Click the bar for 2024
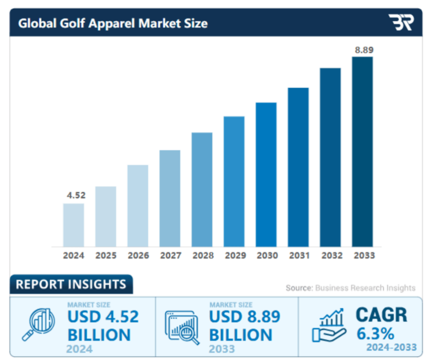pyautogui.click(x=73, y=225)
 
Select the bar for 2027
pyautogui.click(x=170, y=198)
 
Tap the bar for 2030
pyautogui.click(x=266, y=174)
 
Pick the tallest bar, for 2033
pyautogui.click(x=362, y=152)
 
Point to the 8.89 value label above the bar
pyautogui.click(x=364, y=50)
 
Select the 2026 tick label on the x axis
pyautogui.click(x=138, y=256)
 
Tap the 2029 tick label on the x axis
pyautogui.click(x=235, y=256)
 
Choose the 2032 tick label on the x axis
pyautogui.click(x=331, y=256)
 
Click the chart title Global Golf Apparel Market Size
pyautogui.click(x=113, y=23)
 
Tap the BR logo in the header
pyautogui.click(x=401, y=22)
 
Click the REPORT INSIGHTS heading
pyautogui.click(x=71, y=284)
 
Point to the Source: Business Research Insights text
pyautogui.click(x=350, y=288)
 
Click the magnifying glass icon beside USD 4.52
pyautogui.click(x=38, y=324)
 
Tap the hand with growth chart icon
pyautogui.click(x=328, y=325)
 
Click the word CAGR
pyautogui.click(x=382, y=315)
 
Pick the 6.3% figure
pyautogui.click(x=375, y=333)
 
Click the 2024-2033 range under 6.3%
pyautogui.click(x=391, y=347)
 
